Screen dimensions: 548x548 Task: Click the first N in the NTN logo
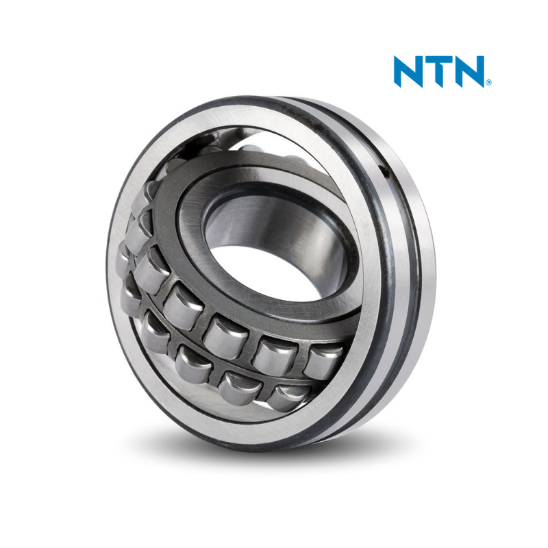pos(409,71)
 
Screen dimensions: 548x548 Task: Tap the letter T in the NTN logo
pos(439,71)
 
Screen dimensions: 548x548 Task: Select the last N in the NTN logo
pos(469,71)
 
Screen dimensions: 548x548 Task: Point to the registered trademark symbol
pos(488,82)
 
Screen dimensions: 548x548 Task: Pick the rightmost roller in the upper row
pos(323,361)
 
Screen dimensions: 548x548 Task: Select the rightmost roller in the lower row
pos(287,397)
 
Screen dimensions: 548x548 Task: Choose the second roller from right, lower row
pos(240,387)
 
